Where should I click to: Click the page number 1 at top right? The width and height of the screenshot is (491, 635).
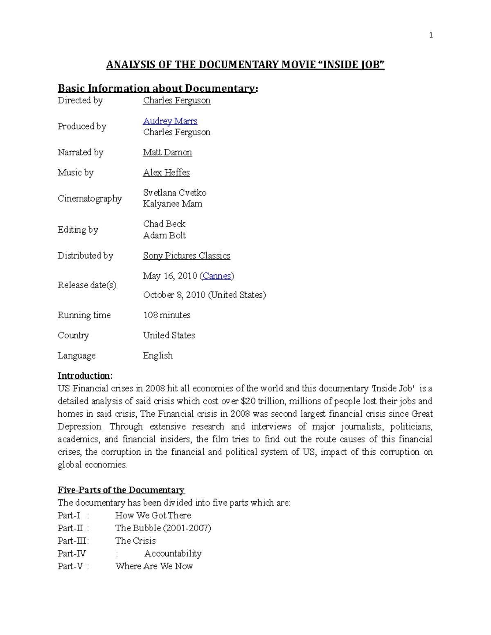click(x=430, y=35)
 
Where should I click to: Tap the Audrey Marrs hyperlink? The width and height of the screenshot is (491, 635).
click(x=170, y=121)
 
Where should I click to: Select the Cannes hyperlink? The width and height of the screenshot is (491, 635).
click(x=217, y=276)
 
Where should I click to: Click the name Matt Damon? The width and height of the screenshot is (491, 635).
click(x=167, y=153)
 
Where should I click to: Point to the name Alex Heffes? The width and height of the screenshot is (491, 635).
click(x=166, y=173)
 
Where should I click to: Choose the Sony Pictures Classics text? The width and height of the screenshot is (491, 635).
click(x=187, y=256)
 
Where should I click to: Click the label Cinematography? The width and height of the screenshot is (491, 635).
click(x=90, y=199)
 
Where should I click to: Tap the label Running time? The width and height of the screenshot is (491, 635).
click(x=84, y=315)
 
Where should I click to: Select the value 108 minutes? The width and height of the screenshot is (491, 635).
click(x=167, y=315)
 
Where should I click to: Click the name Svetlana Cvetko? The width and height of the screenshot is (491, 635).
click(x=175, y=193)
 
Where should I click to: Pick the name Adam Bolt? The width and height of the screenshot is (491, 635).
click(x=164, y=236)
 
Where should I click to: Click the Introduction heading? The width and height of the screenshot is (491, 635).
click(x=84, y=376)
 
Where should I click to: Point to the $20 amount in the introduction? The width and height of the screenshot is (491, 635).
click(x=248, y=401)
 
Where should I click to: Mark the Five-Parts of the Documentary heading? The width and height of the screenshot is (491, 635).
click(x=121, y=490)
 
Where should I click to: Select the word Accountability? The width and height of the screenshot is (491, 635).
click(x=173, y=554)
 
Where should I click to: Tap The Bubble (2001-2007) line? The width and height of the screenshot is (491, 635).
click(x=163, y=528)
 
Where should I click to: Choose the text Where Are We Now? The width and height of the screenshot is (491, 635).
click(x=154, y=566)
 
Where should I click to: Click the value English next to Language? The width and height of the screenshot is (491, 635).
click(x=158, y=356)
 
